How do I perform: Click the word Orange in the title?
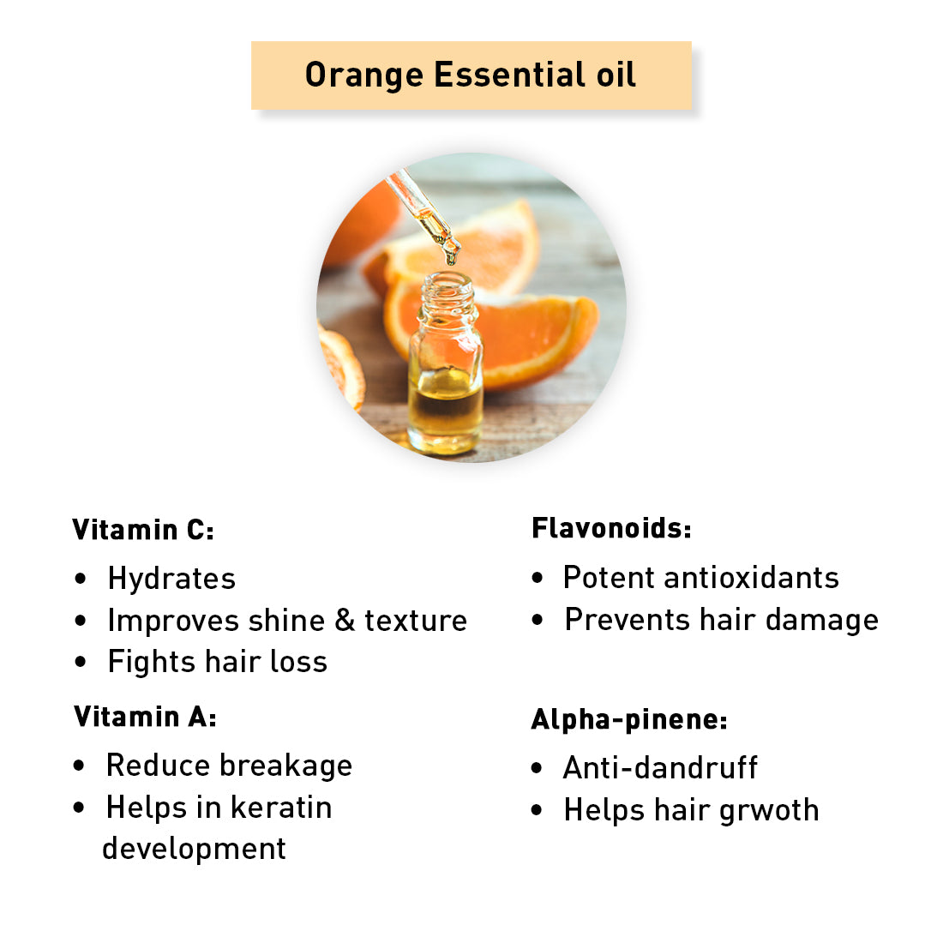pyautogui.click(x=363, y=75)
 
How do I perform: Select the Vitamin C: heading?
pyautogui.click(x=143, y=530)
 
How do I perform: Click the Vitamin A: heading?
pyautogui.click(x=145, y=717)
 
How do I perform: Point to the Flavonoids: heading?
pyautogui.click(x=611, y=528)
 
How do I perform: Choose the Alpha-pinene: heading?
pyautogui.click(x=629, y=720)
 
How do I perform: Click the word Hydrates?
pyautogui.click(x=171, y=580)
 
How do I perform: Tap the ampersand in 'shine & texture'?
pyautogui.click(x=345, y=620)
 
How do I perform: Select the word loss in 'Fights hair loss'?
pyautogui.click(x=298, y=662)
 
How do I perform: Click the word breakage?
pyautogui.click(x=285, y=766)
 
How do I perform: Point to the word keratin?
pyautogui.click(x=281, y=807)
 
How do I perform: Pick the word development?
pyautogui.click(x=195, y=850)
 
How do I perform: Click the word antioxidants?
pyautogui.click(x=751, y=577)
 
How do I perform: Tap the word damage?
pyautogui.click(x=822, y=621)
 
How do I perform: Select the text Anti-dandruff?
pyautogui.click(x=660, y=767)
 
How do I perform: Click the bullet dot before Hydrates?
pyautogui.click(x=81, y=579)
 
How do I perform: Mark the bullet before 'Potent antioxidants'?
pyautogui.click(x=537, y=578)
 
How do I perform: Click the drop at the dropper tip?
pyautogui.click(x=450, y=258)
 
